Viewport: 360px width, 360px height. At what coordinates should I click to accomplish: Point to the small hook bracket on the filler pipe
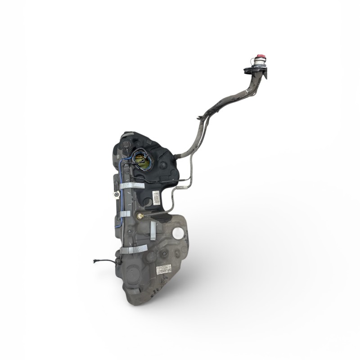[199, 118]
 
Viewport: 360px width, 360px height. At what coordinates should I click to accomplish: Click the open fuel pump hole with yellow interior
[143, 159]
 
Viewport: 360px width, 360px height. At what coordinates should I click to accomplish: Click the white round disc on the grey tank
[179, 234]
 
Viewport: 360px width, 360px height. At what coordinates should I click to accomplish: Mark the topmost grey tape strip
[132, 185]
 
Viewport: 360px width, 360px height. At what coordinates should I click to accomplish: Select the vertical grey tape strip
[153, 230]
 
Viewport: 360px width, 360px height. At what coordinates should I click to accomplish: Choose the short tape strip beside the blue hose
[125, 214]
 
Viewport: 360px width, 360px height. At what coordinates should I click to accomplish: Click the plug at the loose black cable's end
[95, 261]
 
